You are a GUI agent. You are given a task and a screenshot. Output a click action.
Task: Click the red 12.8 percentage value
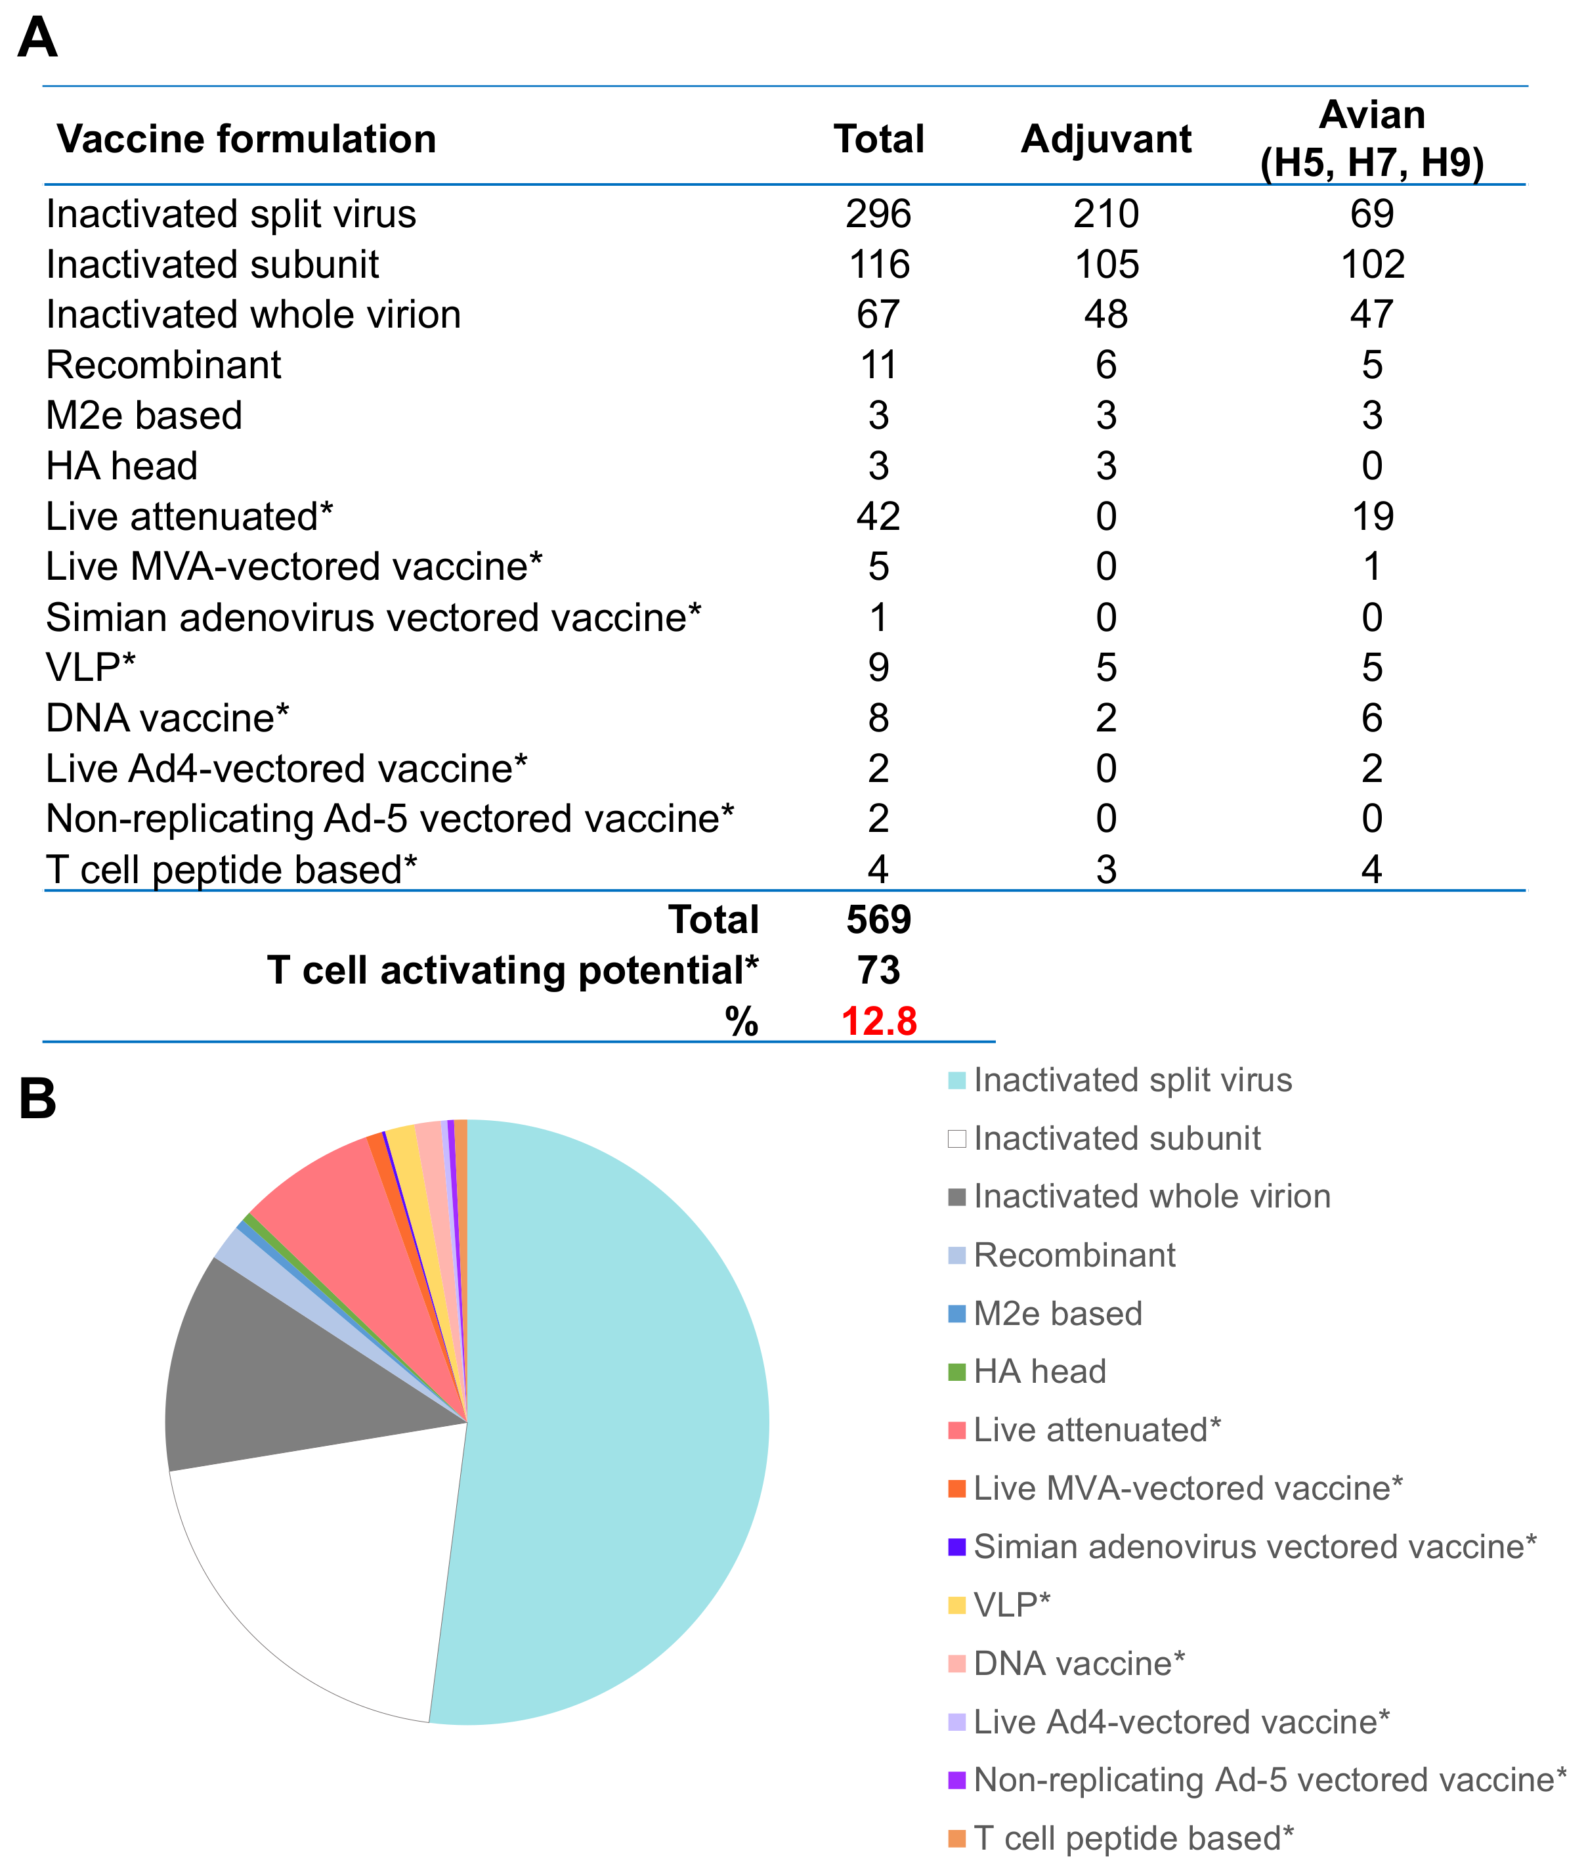pyautogui.click(x=878, y=1021)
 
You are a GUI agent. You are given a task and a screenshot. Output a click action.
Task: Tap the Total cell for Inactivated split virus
pyautogui.click(x=878, y=214)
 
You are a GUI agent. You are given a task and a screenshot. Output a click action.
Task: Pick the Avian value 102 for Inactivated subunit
pyautogui.click(x=1372, y=265)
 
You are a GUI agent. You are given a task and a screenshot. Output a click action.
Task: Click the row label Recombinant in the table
pyautogui.click(x=163, y=365)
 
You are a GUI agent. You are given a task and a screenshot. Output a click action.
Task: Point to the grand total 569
pyautogui.click(x=878, y=920)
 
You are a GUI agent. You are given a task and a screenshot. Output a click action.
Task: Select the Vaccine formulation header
pyautogui.click(x=246, y=139)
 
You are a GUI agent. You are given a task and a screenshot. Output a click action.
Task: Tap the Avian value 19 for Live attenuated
pyautogui.click(x=1372, y=516)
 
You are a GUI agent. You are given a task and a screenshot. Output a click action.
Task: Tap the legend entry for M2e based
pyautogui.click(x=1056, y=1313)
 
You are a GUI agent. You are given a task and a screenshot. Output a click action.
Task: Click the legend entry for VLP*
pyautogui.click(x=1012, y=1605)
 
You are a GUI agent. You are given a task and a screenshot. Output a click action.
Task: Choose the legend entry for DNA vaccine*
pyautogui.click(x=1078, y=1663)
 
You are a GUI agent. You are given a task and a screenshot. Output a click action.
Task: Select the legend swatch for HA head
pyautogui.click(x=956, y=1372)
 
